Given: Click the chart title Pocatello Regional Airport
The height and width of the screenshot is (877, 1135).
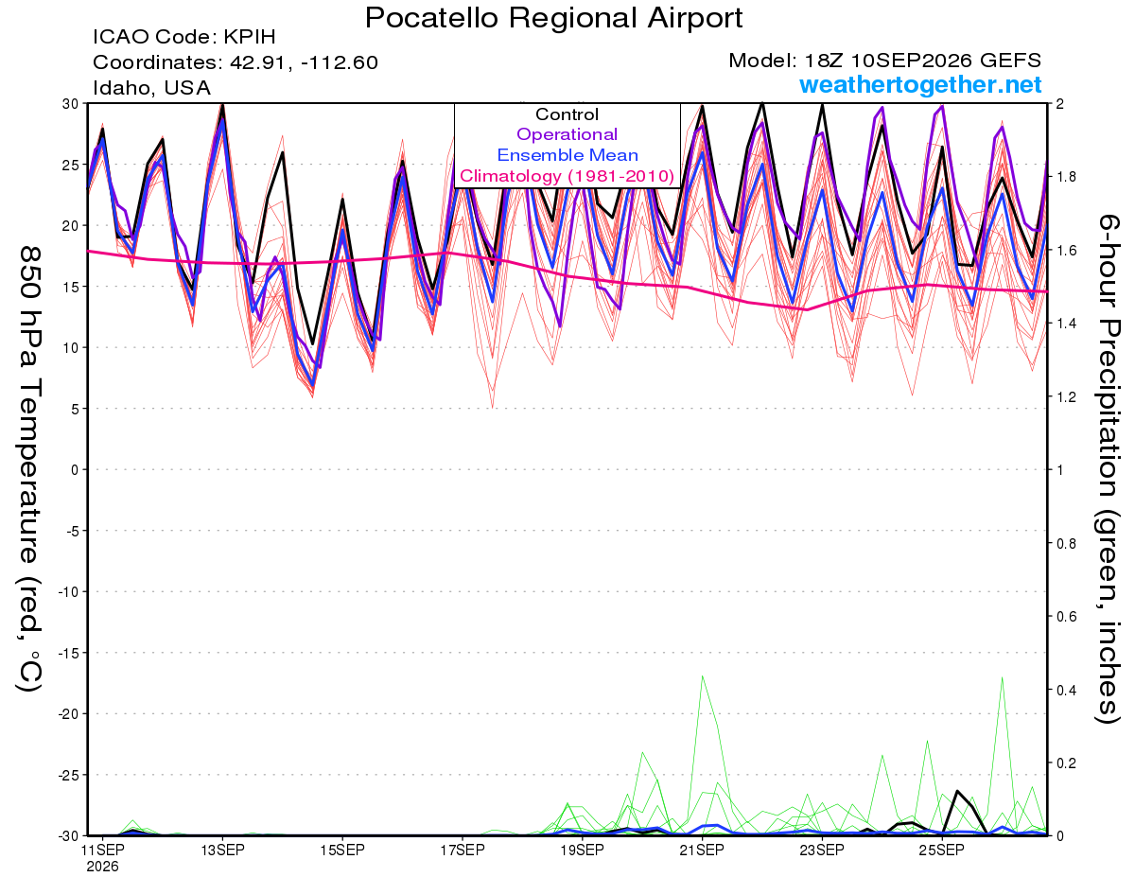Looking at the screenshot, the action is (x=553, y=18).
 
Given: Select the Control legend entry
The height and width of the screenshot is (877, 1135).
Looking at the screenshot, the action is (x=567, y=114).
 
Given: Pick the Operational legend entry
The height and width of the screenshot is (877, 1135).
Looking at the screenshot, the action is (x=567, y=134).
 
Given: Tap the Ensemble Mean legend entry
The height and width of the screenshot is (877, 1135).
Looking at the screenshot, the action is (x=567, y=155).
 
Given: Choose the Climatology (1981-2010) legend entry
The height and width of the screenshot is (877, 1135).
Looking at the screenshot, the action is (x=567, y=176).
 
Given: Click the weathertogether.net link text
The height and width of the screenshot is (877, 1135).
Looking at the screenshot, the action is (x=920, y=84).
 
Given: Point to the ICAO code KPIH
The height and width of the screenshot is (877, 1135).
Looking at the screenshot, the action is (x=250, y=37).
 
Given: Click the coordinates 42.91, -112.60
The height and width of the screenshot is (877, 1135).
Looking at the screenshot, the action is (x=304, y=62).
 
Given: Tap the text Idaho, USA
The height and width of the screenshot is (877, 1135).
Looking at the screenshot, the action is (x=152, y=88).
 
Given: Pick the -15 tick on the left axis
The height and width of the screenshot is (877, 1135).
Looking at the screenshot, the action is (x=68, y=653).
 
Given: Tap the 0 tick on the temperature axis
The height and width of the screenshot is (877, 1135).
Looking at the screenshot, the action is (x=75, y=469).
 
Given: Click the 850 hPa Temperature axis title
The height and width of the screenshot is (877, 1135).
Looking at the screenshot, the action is (x=29, y=469).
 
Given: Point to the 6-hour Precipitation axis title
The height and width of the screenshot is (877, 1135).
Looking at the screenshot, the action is (x=1108, y=469).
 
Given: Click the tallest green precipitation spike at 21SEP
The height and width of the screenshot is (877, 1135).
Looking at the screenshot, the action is (x=702, y=676).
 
